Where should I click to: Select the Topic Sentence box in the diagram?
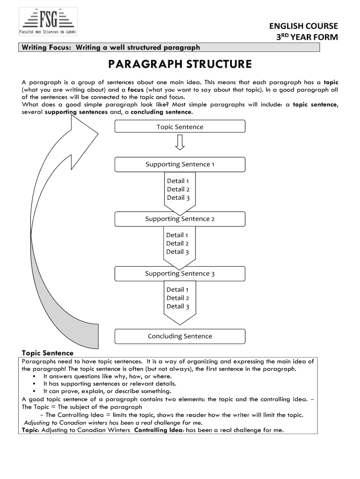point(180,127)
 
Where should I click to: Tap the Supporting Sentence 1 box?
point(180,164)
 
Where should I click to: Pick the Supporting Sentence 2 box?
point(180,219)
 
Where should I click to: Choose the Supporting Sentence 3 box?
point(180,274)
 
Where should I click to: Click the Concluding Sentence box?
point(180,336)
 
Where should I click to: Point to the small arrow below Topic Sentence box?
point(180,142)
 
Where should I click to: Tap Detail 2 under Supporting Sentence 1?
point(178,189)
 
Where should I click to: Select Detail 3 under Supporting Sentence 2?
point(177,252)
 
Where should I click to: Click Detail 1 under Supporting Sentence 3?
point(178,290)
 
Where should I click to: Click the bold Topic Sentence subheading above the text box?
point(48,353)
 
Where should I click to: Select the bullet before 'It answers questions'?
point(36,376)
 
